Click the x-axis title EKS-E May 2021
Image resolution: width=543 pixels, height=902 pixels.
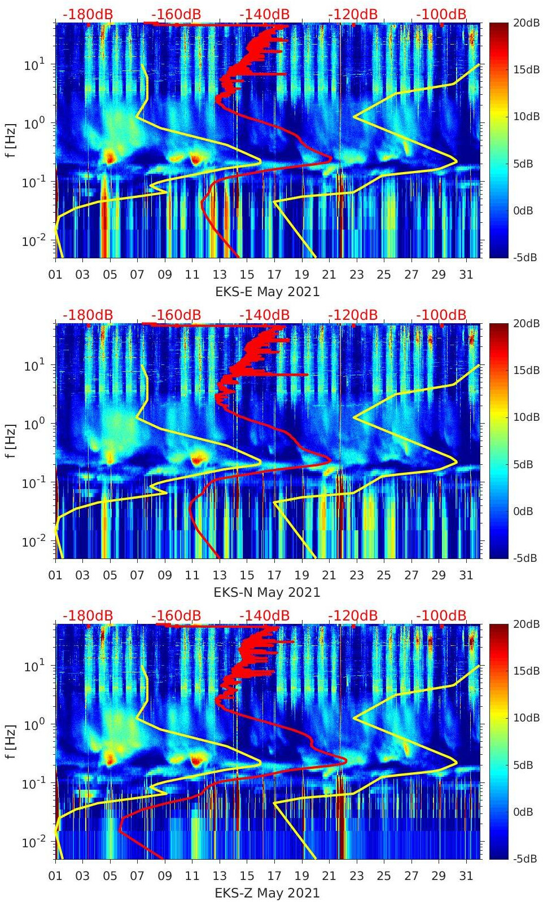click(268, 292)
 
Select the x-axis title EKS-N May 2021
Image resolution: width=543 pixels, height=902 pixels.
click(267, 592)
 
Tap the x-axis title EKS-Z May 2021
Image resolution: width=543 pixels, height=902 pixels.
click(267, 893)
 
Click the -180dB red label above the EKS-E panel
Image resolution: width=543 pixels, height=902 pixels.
click(87, 14)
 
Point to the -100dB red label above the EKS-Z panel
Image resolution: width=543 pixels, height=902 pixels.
click(441, 615)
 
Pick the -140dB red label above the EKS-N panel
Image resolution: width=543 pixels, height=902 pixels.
click(264, 315)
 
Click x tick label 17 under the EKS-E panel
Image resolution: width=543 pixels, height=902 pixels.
click(274, 275)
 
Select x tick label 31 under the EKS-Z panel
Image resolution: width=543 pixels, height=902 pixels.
click(466, 876)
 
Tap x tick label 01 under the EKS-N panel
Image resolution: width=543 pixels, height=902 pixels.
click(55, 575)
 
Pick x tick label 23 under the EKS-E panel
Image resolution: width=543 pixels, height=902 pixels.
click(356, 275)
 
